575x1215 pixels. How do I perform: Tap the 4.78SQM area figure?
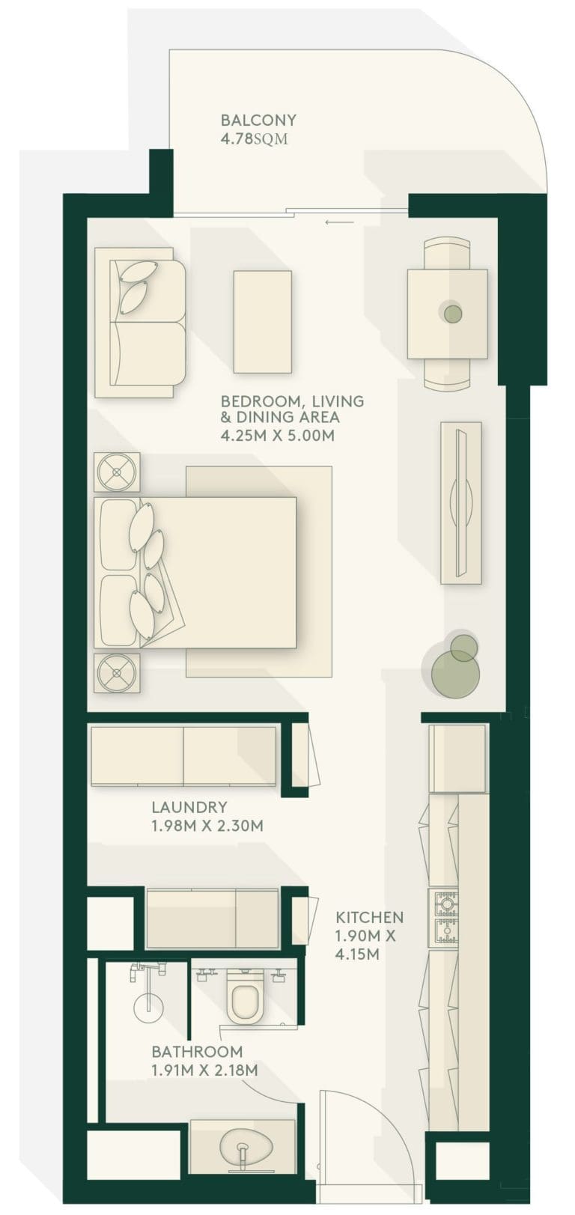click(x=254, y=139)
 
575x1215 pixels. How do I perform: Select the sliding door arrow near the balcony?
click(x=340, y=222)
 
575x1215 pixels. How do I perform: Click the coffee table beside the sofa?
click(x=262, y=322)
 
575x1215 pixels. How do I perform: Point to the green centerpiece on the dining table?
click(x=452, y=313)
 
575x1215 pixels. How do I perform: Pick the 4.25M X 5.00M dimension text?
click(x=277, y=435)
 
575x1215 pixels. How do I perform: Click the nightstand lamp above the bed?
click(x=116, y=472)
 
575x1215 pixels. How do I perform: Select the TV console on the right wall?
click(x=460, y=502)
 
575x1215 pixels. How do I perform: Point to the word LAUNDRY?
click(x=189, y=807)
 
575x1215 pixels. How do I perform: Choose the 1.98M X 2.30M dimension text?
click(x=207, y=826)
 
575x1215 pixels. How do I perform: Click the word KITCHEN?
click(x=369, y=917)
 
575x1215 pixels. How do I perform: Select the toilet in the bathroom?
click(x=245, y=999)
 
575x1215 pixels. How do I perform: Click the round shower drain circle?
click(x=147, y=1007)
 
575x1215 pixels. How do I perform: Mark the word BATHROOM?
click(x=197, y=1052)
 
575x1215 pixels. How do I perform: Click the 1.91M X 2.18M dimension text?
click(x=204, y=1071)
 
